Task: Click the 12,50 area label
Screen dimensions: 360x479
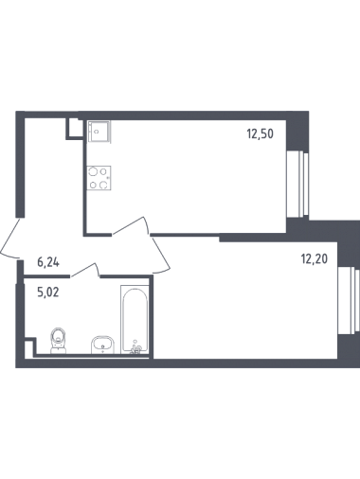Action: click(260, 134)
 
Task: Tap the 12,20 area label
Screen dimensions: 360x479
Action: click(315, 259)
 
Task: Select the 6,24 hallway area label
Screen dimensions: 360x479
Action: click(48, 262)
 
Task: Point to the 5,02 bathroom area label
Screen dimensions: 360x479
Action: click(48, 293)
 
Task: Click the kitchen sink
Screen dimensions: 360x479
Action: click(99, 132)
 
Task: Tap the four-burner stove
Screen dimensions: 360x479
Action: click(99, 178)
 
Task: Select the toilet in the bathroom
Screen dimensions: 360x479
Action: click(59, 340)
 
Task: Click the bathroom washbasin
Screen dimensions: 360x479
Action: click(102, 345)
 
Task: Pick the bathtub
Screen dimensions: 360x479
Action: click(135, 319)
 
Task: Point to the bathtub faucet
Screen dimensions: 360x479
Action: click(136, 348)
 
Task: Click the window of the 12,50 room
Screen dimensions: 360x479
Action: click(297, 185)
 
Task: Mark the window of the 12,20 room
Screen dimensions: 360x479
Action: click(349, 300)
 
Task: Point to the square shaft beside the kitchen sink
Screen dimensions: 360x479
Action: click(75, 128)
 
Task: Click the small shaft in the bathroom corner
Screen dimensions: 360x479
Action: click(30, 346)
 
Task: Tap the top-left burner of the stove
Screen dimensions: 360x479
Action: click(93, 171)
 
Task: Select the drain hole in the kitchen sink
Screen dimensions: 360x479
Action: click(97, 132)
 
